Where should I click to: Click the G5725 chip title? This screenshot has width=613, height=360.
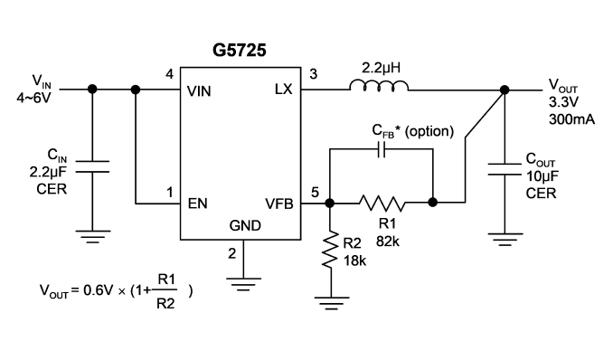tap(240, 50)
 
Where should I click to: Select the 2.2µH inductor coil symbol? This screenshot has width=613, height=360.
tap(379, 86)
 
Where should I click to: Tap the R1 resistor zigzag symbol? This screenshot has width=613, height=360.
tap(382, 203)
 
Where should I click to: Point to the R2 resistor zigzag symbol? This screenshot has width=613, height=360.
tap(330, 250)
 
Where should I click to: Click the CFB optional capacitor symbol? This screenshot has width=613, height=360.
tap(382, 149)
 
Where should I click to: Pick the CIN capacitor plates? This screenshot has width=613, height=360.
tap(92, 166)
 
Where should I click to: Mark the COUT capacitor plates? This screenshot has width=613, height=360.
tap(505, 169)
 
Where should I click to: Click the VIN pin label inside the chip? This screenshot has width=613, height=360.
tap(199, 91)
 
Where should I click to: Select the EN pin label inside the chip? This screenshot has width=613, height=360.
tap(197, 204)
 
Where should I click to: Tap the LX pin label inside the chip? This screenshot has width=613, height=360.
tap(283, 90)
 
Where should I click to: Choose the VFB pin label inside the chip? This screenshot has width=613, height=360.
tap(279, 204)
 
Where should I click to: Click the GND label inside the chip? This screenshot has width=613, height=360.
tap(245, 225)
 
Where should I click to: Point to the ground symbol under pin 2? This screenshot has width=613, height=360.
tap(243, 285)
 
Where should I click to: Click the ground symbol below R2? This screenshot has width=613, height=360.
tap(331, 303)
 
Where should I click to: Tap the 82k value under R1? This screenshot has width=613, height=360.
tap(388, 242)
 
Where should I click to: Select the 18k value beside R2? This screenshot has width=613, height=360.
tap(354, 261)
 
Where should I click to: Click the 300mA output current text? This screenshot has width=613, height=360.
tap(571, 119)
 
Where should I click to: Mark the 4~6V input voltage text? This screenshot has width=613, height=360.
tap(33, 98)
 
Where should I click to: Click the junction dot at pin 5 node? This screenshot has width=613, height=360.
tap(330, 203)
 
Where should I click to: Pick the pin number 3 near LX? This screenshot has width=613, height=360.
tap(313, 74)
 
